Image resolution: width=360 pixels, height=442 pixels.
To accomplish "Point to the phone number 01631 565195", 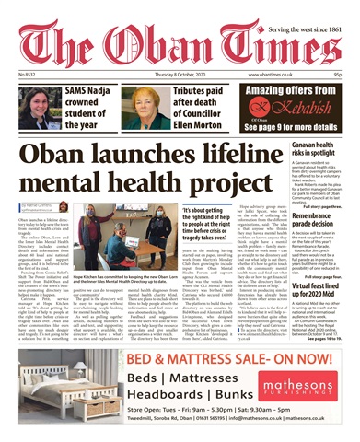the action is [161, 428].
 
